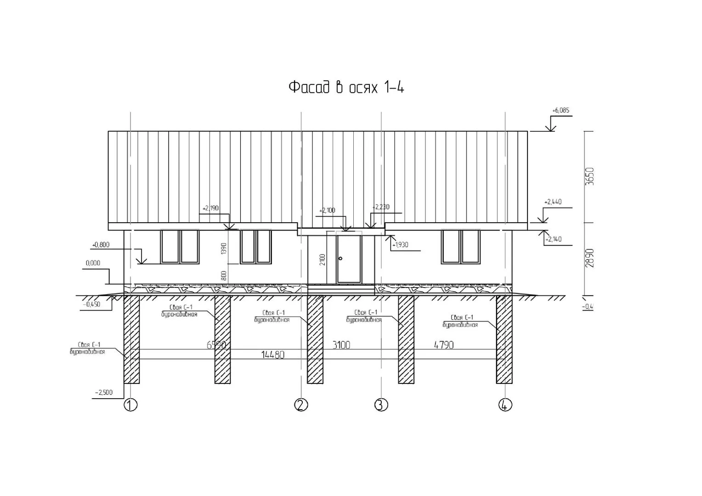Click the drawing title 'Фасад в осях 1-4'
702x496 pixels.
coord(346,87)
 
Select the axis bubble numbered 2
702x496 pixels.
coord(301,405)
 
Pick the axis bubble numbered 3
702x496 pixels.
coord(381,405)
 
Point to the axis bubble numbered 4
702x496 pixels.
coord(505,405)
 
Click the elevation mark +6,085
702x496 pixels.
coord(560,111)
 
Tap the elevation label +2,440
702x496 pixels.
coord(553,202)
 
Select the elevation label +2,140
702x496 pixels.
coord(553,239)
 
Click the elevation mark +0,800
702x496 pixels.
coord(101,245)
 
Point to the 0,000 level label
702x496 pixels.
coord(93,264)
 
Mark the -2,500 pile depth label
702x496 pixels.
coord(103,393)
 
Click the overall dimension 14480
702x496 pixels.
coord(272,355)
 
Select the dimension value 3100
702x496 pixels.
coord(341,345)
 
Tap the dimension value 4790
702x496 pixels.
coord(444,345)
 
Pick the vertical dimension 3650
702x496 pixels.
coord(590,176)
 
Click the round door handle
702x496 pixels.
coord(340,259)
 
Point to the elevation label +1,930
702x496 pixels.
coord(400,245)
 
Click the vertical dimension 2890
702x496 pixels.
coord(590,259)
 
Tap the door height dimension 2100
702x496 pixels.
coord(323,259)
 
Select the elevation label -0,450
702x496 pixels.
coord(91,304)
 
